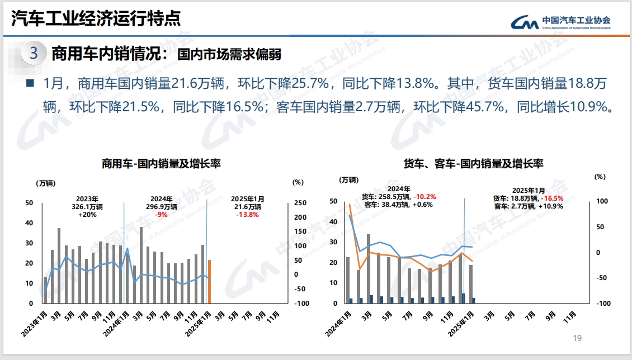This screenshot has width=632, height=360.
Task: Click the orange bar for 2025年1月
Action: coord(209,281)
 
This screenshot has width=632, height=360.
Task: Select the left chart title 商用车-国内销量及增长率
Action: coord(161,164)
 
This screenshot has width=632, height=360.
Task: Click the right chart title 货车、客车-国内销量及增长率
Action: coord(473,164)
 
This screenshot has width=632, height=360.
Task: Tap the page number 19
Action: coord(578,338)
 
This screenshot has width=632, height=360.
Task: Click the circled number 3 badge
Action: coord(34,54)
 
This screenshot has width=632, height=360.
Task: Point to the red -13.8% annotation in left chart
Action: coord(247,215)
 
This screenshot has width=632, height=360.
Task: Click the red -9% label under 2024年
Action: coord(162,215)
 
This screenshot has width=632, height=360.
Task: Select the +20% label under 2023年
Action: coord(87,215)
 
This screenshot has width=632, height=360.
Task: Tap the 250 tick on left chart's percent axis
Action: coord(300,203)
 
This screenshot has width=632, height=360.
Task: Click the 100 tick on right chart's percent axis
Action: coord(600,201)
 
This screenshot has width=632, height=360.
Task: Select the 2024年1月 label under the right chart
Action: coord(341,323)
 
